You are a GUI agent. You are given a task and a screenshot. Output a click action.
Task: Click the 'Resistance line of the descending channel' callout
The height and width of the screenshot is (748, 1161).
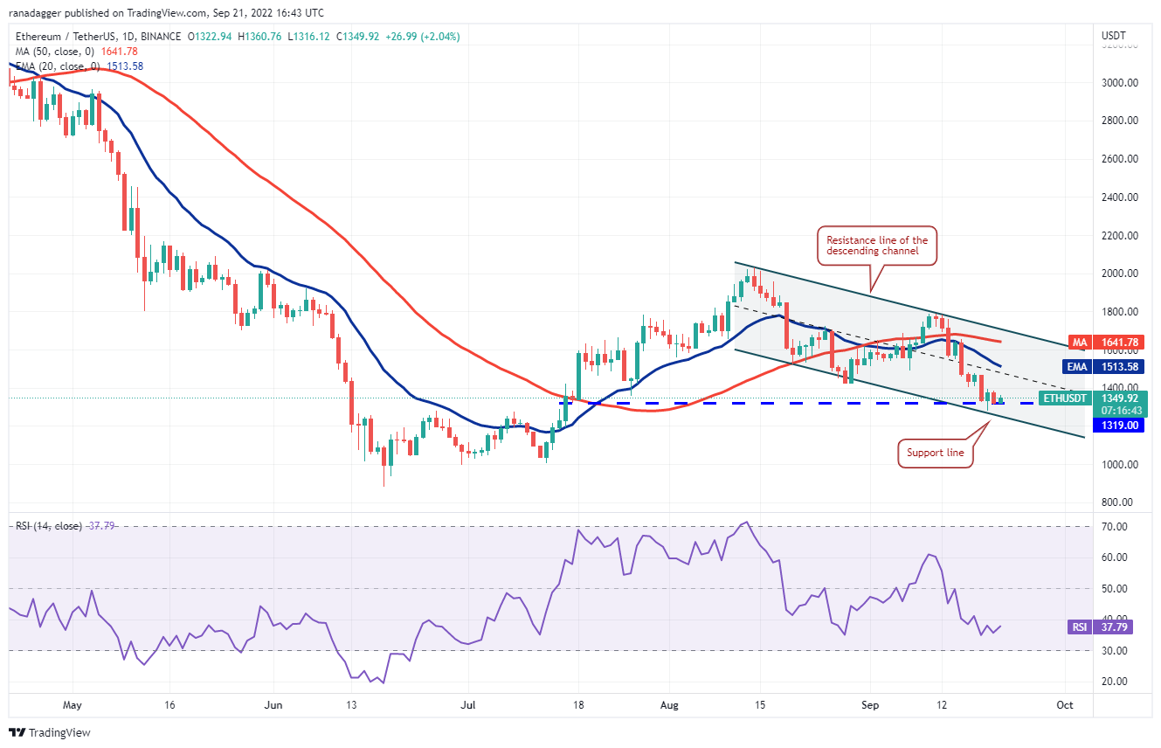click(878, 246)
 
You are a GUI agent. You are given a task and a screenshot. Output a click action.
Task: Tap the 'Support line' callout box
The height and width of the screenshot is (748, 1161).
click(935, 454)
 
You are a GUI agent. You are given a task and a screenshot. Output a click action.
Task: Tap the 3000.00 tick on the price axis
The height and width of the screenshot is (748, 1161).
click(1120, 83)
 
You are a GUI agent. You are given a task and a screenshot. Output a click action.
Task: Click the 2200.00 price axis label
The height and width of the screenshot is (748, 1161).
click(1120, 236)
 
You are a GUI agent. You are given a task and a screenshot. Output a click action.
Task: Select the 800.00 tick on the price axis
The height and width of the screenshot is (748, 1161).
click(1118, 502)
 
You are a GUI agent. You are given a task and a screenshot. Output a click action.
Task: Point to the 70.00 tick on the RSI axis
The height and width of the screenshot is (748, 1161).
click(1114, 527)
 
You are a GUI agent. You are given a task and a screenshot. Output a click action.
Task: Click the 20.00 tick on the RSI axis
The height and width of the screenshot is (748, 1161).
click(1114, 682)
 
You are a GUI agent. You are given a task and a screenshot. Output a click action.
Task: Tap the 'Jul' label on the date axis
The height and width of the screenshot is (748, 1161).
click(468, 704)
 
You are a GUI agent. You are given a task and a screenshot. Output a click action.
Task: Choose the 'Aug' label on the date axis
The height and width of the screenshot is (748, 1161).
click(669, 704)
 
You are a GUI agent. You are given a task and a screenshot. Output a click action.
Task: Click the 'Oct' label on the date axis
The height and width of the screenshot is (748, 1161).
click(1064, 704)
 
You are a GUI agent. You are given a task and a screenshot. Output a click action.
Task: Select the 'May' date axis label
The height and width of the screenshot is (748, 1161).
click(73, 704)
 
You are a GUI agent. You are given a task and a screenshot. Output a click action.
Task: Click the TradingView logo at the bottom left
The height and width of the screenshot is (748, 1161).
click(50, 732)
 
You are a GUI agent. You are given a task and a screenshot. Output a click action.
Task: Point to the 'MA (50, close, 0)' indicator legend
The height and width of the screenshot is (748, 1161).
click(52, 50)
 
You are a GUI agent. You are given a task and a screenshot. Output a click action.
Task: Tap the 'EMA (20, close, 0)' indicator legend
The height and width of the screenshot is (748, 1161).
click(57, 66)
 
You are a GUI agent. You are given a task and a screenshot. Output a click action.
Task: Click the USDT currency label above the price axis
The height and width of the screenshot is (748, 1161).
click(1114, 36)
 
